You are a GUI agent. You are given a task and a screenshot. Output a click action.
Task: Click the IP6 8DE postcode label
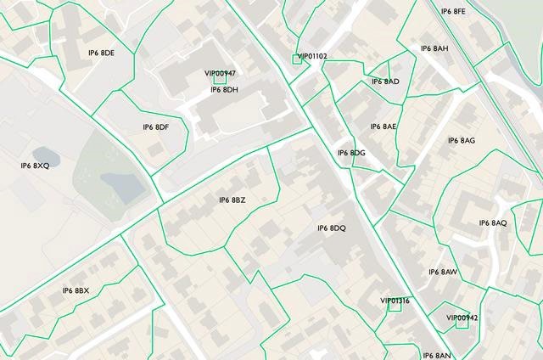(101, 53)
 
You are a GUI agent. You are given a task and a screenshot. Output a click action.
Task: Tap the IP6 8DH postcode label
(224, 90)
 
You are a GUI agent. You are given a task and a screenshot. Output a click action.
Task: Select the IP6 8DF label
(156, 127)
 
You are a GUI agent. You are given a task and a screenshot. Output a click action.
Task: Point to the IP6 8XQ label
(36, 166)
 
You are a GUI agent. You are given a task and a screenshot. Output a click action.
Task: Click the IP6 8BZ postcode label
(232, 200)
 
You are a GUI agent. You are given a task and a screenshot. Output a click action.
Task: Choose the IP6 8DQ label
(332, 228)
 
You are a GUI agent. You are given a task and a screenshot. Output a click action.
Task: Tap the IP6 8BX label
(76, 291)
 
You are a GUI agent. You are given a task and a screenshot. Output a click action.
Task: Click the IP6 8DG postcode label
(351, 153)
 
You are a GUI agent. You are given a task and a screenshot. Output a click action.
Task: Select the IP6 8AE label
(383, 127)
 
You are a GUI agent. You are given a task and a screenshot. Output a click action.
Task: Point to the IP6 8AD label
(385, 82)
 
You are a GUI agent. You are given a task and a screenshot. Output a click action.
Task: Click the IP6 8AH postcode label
(434, 48)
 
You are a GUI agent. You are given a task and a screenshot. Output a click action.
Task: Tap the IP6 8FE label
(453, 12)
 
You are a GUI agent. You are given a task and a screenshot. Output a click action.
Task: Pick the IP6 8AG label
(462, 140)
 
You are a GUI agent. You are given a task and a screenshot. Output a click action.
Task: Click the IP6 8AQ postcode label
(493, 223)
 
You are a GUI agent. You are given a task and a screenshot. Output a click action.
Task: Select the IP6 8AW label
(443, 273)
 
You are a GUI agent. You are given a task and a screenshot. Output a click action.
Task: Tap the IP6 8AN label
(437, 355)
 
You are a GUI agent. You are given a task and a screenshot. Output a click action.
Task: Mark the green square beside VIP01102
(296, 59)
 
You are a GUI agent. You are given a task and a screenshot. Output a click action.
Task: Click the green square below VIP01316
(395, 307)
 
